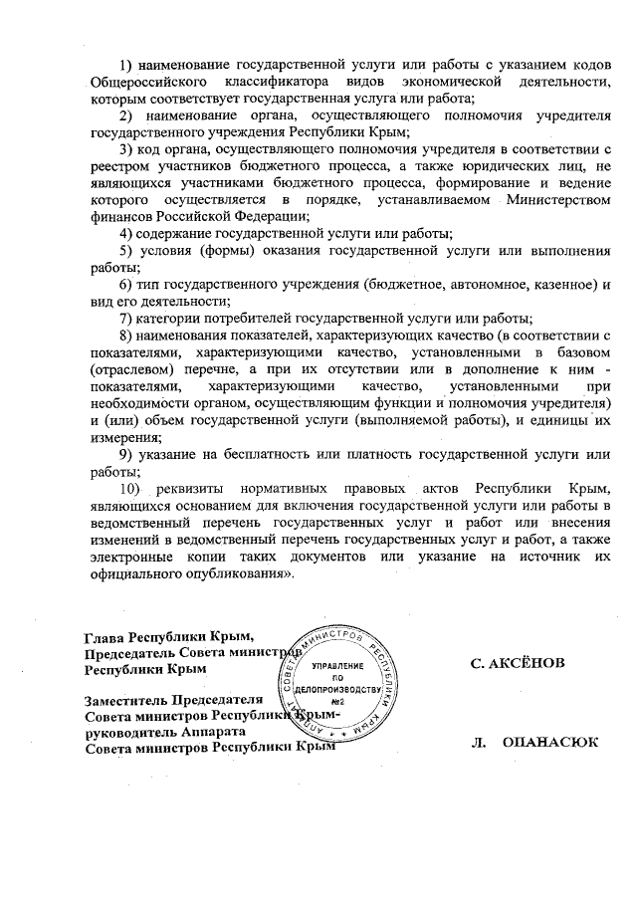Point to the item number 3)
click(126, 149)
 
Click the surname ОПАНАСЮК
click(550, 742)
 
